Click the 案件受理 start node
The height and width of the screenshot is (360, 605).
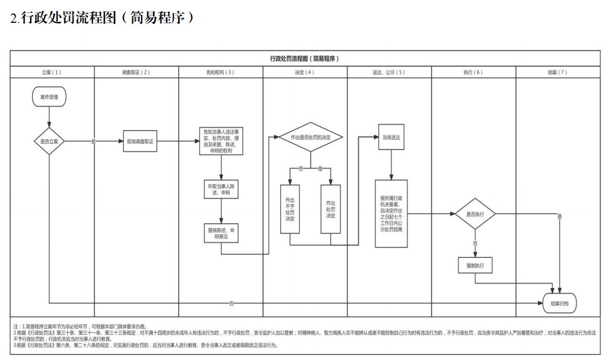(x=49, y=97)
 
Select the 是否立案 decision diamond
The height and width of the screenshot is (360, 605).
(x=49, y=141)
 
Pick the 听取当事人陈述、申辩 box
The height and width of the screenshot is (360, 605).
(x=220, y=190)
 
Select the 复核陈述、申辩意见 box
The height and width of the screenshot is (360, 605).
(x=220, y=233)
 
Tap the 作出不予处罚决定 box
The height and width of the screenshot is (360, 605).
(x=290, y=209)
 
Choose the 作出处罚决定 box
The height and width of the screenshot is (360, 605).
(x=330, y=209)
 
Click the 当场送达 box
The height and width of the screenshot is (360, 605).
(x=391, y=137)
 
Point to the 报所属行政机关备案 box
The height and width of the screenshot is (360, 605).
(x=391, y=214)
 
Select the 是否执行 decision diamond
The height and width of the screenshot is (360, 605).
(x=475, y=214)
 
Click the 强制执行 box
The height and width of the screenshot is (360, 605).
(x=475, y=265)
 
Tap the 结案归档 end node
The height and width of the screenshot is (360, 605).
(x=559, y=303)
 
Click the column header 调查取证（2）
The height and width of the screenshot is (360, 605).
(x=136, y=72)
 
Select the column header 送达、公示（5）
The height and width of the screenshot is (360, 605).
(x=389, y=72)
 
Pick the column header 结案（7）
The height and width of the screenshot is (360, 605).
(x=558, y=72)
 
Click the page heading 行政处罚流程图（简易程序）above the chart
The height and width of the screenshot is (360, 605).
(x=103, y=18)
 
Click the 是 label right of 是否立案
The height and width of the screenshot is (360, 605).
(x=94, y=141)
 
